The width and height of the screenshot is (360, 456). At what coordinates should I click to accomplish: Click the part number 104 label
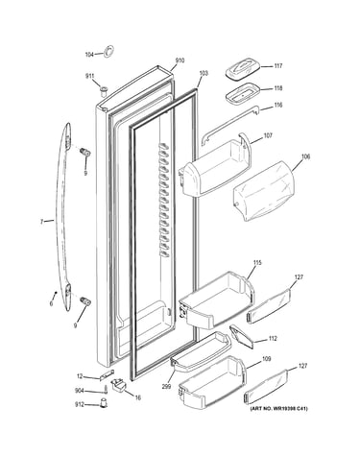89,55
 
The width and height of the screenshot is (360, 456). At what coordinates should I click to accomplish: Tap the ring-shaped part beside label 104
108,51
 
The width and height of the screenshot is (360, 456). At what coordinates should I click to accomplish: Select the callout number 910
180,60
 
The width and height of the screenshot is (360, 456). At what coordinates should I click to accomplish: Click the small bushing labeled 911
103,90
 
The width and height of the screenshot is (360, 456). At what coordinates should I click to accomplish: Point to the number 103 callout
204,73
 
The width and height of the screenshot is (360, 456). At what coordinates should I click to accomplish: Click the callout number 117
277,66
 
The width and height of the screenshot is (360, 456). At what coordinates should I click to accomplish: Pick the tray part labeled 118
241,93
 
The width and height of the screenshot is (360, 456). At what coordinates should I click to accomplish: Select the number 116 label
277,105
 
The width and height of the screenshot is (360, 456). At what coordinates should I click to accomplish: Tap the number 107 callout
268,135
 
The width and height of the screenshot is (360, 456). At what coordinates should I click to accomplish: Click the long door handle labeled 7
65,218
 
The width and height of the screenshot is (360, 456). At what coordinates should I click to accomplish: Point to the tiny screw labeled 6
56,292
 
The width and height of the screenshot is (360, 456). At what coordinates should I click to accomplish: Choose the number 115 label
257,263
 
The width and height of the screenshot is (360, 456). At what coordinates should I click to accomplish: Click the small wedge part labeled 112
241,338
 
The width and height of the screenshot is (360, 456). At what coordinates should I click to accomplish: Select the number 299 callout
166,386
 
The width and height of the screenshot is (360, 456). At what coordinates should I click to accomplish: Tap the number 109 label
267,359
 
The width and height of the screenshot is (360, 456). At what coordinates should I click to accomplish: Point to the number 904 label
79,391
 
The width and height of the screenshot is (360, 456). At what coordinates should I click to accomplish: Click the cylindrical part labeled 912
104,403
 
